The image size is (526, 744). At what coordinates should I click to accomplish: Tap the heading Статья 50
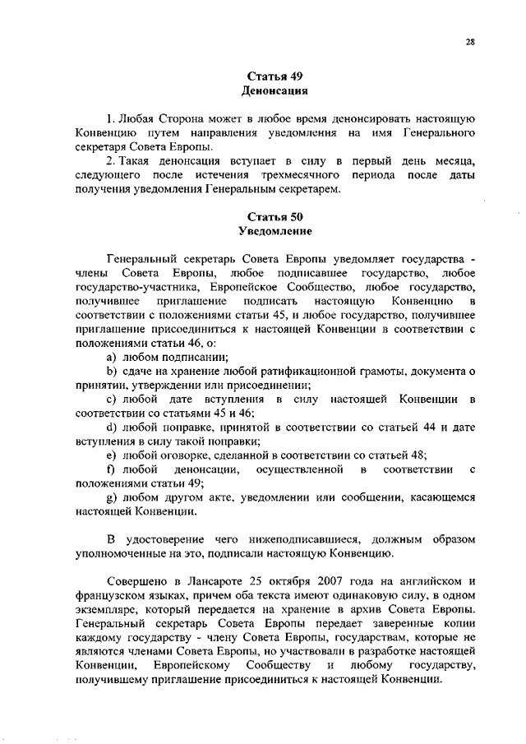[x=278, y=218]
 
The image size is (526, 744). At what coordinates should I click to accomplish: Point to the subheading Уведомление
[x=278, y=232]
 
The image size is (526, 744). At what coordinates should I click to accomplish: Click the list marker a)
[x=112, y=358]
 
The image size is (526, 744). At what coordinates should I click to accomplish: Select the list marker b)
[x=112, y=372]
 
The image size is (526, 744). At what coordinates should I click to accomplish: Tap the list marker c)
[x=112, y=400]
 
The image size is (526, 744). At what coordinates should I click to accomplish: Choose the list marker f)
[x=111, y=469]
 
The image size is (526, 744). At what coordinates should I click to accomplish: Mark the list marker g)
[x=112, y=497]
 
